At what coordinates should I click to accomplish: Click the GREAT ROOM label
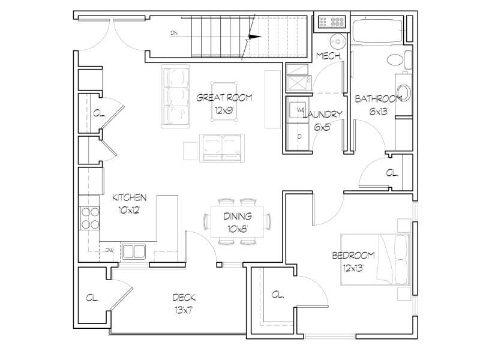pyautogui.click(x=224, y=98)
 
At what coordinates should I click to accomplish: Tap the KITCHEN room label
pyautogui.click(x=129, y=197)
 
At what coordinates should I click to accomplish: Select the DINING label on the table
pyautogui.click(x=238, y=216)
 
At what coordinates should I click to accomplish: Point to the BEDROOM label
pyautogui.click(x=353, y=256)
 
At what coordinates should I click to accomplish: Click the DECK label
pyautogui.click(x=184, y=297)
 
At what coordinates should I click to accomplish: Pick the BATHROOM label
pyautogui.click(x=379, y=99)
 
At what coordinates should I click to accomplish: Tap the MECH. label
pyautogui.click(x=329, y=56)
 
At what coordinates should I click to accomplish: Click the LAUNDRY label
pyautogui.click(x=322, y=115)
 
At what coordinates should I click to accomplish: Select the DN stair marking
pyautogui.click(x=174, y=33)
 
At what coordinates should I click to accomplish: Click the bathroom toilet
pyautogui.click(x=400, y=59)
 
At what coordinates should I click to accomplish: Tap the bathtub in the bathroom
pyautogui.click(x=377, y=31)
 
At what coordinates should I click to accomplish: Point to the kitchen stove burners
pyautogui.click(x=90, y=218)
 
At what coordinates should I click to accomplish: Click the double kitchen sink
pyautogui.click(x=133, y=251)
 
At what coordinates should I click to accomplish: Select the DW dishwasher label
pyautogui.click(x=109, y=250)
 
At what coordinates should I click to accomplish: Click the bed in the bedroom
pyautogui.click(x=376, y=260)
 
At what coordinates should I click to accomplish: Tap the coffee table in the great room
pyautogui.click(x=224, y=101)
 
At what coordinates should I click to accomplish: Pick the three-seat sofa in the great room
pyautogui.click(x=175, y=96)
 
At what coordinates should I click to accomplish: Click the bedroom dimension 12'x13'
pyautogui.click(x=353, y=268)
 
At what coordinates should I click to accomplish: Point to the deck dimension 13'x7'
pyautogui.click(x=184, y=310)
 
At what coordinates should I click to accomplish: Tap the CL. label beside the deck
pyautogui.click(x=92, y=298)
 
